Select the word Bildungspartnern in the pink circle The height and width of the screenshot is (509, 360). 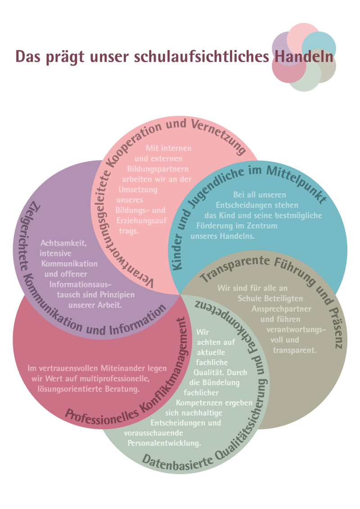tap(158, 169)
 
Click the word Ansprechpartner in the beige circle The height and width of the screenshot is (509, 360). tap(281, 310)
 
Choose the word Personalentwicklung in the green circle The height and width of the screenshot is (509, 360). tap(164, 443)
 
